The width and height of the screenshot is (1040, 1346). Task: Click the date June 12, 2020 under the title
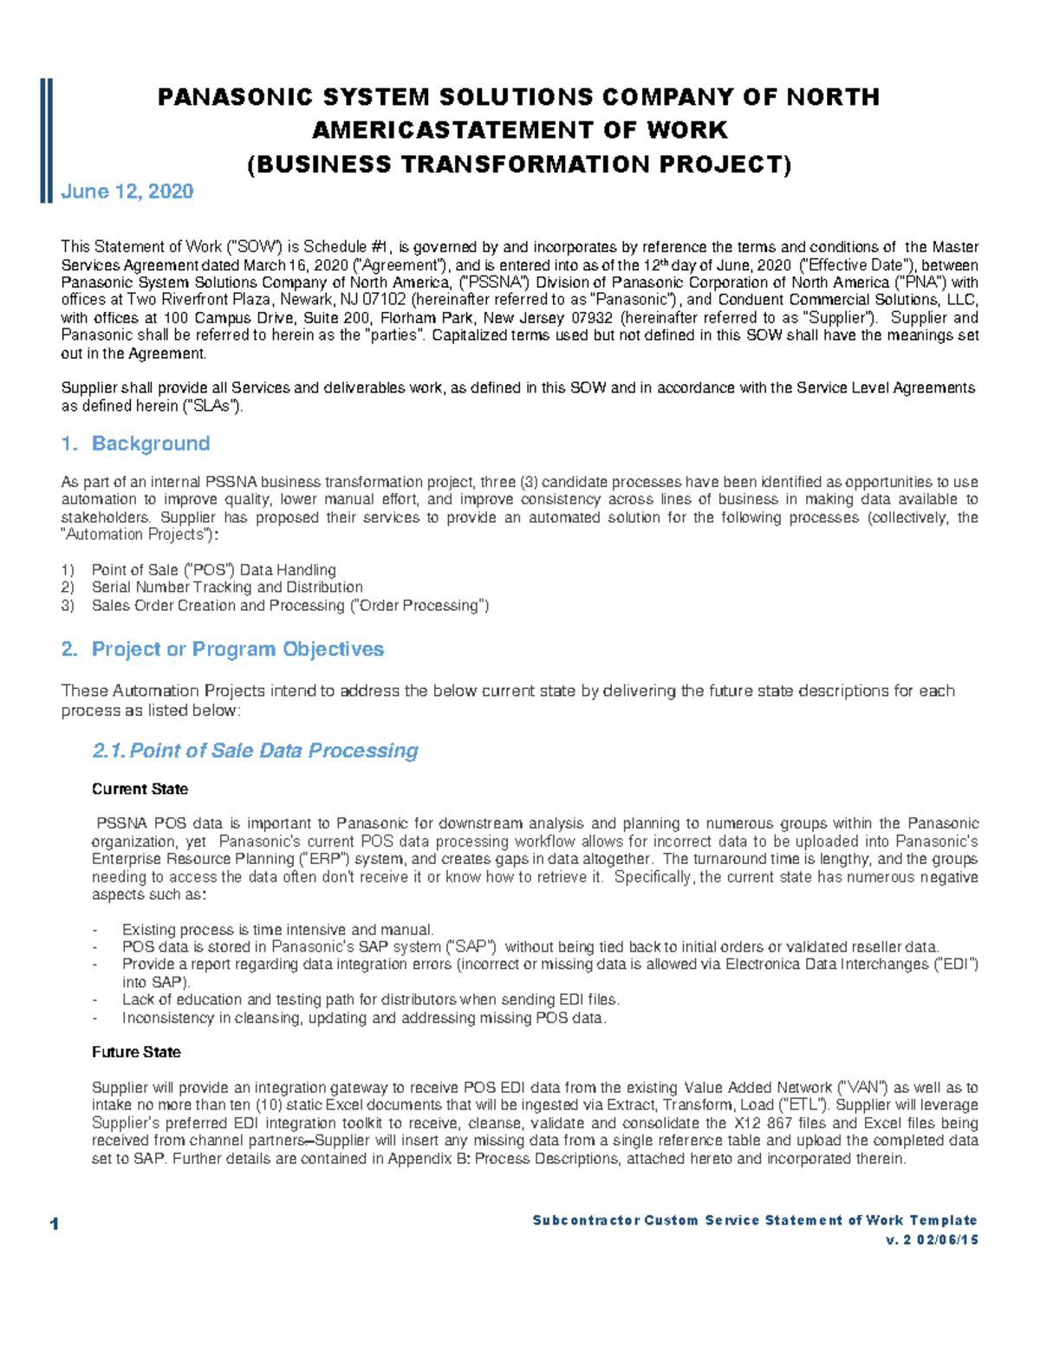127,192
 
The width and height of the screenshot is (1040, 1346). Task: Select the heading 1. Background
136,444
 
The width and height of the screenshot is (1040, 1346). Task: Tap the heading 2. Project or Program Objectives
223,649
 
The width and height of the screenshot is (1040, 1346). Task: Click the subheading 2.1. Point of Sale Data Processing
256,751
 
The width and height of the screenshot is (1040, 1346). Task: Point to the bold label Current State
140,789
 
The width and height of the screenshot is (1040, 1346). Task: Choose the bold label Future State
136,1052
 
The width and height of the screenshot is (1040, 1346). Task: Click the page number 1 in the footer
55,1225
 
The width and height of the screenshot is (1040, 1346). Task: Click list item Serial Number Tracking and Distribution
227,588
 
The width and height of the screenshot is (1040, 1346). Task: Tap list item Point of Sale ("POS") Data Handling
213,569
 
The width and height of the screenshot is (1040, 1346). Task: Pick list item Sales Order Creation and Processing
289,606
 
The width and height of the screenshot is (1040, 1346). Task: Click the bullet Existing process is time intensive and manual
277,929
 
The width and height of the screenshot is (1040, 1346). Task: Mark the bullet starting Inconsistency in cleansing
364,1018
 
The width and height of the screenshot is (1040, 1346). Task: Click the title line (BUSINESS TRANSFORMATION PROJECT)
519,165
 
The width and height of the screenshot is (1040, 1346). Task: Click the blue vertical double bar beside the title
46,140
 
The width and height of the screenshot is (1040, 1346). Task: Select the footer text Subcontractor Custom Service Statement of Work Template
754,1220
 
